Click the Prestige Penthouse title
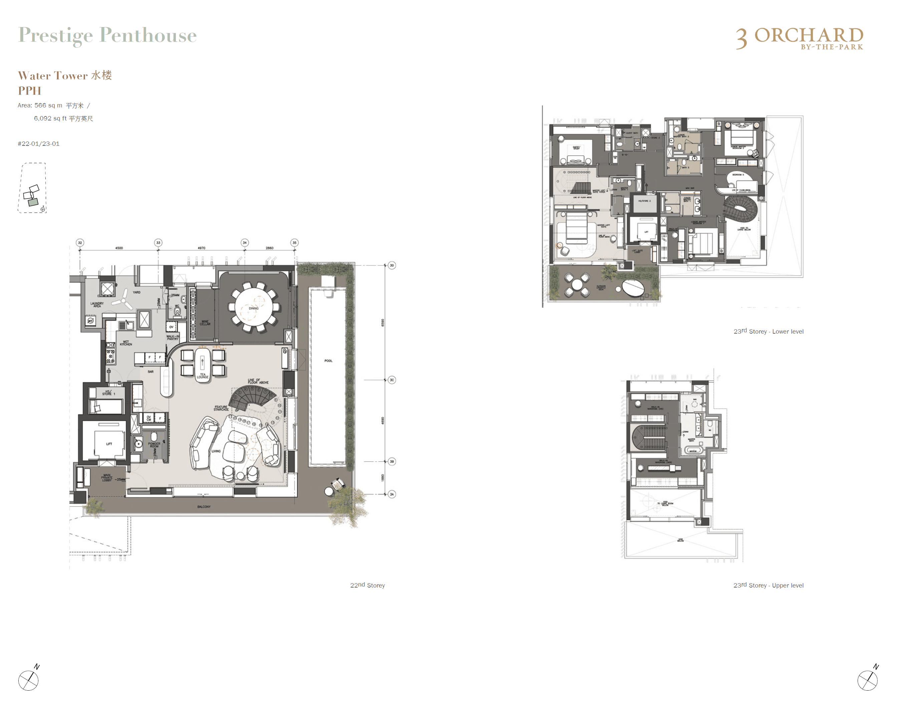pyautogui.click(x=107, y=35)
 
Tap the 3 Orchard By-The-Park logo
pyautogui.click(x=800, y=38)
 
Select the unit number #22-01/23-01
pyautogui.click(x=38, y=144)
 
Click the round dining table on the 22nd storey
pyautogui.click(x=254, y=307)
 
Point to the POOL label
pyautogui.click(x=328, y=361)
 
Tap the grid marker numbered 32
pyautogui.click(x=80, y=243)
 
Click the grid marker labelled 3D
pyautogui.click(x=391, y=265)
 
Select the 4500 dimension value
pyautogui.click(x=119, y=248)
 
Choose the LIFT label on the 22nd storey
pyautogui.click(x=109, y=444)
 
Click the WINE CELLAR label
pyautogui.click(x=205, y=323)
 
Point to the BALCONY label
pyautogui.click(x=204, y=506)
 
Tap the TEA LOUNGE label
pyautogui.click(x=203, y=376)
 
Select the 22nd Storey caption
pyautogui.click(x=367, y=585)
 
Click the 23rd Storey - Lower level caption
pyautogui.click(x=768, y=331)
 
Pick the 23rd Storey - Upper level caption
pyautogui.click(x=768, y=585)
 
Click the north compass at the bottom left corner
pyautogui.click(x=29, y=680)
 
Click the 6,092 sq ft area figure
pyautogui.click(x=63, y=118)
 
